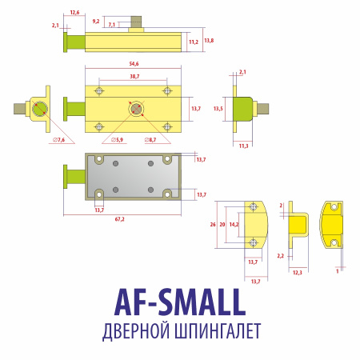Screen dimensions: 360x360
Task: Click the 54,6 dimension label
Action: pyautogui.click(x=134, y=64)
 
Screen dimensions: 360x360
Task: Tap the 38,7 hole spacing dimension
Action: pyautogui.click(x=134, y=77)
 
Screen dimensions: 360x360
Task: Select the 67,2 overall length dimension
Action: pyautogui.click(x=119, y=219)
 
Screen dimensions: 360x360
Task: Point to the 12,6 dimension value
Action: pyautogui.click(x=74, y=13)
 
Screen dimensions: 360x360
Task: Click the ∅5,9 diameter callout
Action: pyautogui.click(x=117, y=140)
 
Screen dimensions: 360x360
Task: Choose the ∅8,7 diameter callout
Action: pyautogui.click(x=150, y=140)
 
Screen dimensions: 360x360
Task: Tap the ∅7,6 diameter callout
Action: pyautogui.click(x=58, y=140)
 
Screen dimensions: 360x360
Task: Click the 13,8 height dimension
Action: pyautogui.click(x=209, y=41)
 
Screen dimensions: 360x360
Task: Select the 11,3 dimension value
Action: pyautogui.click(x=243, y=146)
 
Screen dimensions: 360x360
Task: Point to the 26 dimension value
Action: pyautogui.click(x=213, y=225)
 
